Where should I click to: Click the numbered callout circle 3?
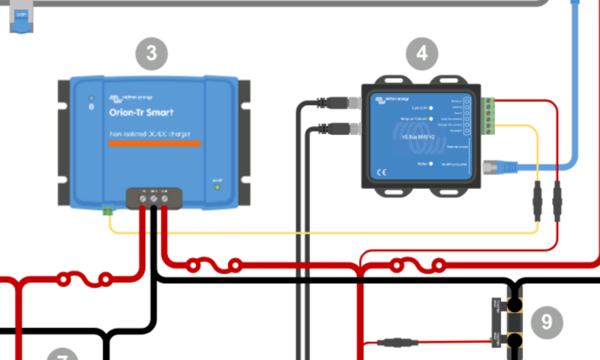click(151, 53)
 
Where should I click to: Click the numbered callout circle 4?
click(422, 53)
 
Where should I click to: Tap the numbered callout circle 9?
click(546, 322)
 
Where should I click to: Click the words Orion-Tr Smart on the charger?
click(141, 112)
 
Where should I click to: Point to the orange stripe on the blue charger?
click(154, 142)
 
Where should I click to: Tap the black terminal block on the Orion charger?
click(153, 198)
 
